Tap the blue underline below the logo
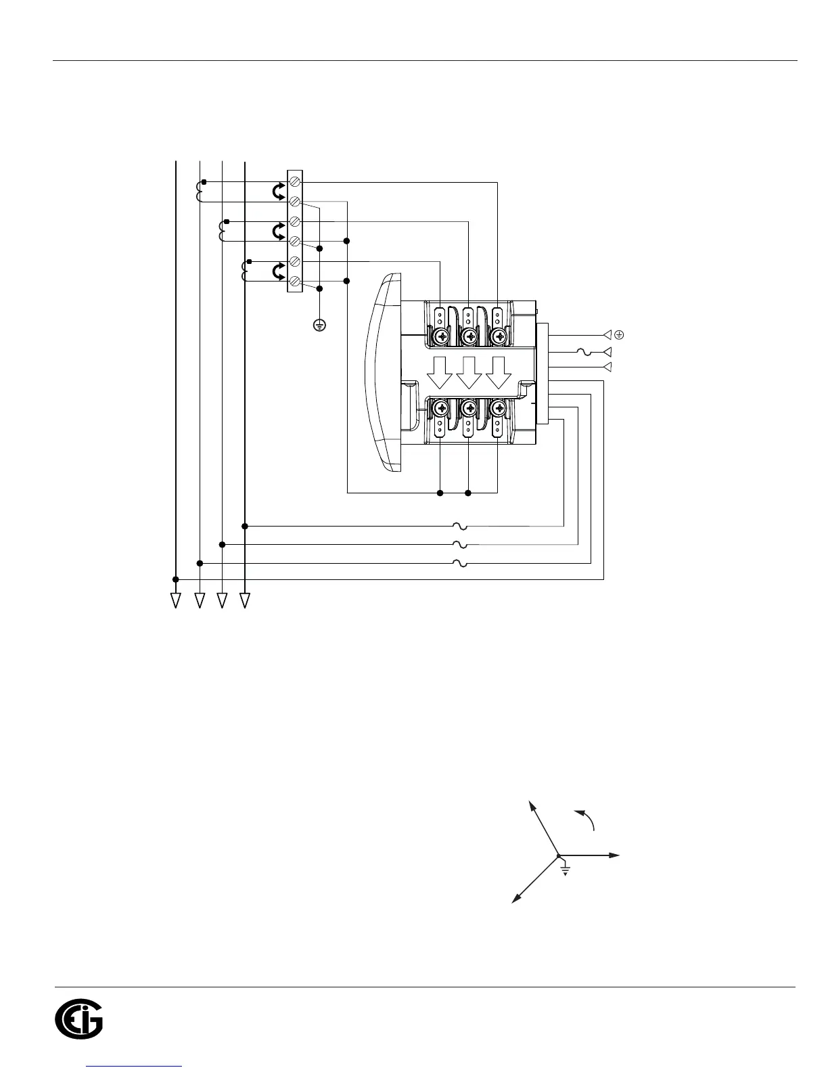[x=135, y=1067]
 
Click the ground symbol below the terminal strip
[x=320, y=326]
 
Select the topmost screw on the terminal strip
[x=295, y=182]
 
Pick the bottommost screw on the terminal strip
[x=295, y=281]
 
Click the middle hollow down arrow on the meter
[x=469, y=372]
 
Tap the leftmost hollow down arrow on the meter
[x=440, y=372]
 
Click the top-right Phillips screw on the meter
[x=499, y=336]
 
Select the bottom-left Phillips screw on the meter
[x=440, y=407]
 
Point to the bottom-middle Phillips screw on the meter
[x=469, y=407]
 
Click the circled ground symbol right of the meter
[x=618, y=334]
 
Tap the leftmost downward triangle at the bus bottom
[x=176, y=600]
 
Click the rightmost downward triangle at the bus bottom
[x=245, y=600]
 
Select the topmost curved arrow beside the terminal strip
[x=278, y=192]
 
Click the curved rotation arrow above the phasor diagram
[x=585, y=818]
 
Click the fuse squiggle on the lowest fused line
[x=460, y=562]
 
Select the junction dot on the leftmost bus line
[x=176, y=579]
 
